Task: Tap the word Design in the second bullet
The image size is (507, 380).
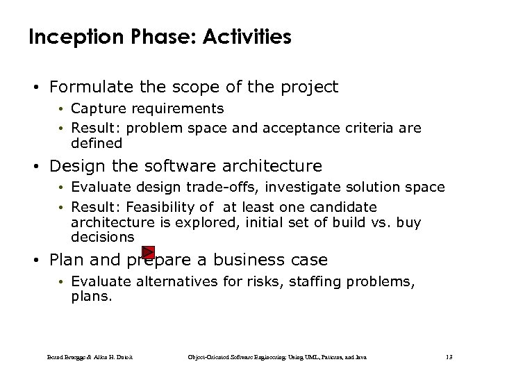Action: tap(73, 166)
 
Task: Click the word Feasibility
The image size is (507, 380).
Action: tap(171, 207)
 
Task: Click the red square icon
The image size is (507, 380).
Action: tap(148, 252)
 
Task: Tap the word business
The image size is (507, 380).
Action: tap(246, 260)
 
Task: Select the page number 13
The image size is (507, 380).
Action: tap(449, 357)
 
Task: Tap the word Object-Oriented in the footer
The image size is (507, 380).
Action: tap(208, 357)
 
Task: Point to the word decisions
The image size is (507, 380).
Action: tap(102, 237)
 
